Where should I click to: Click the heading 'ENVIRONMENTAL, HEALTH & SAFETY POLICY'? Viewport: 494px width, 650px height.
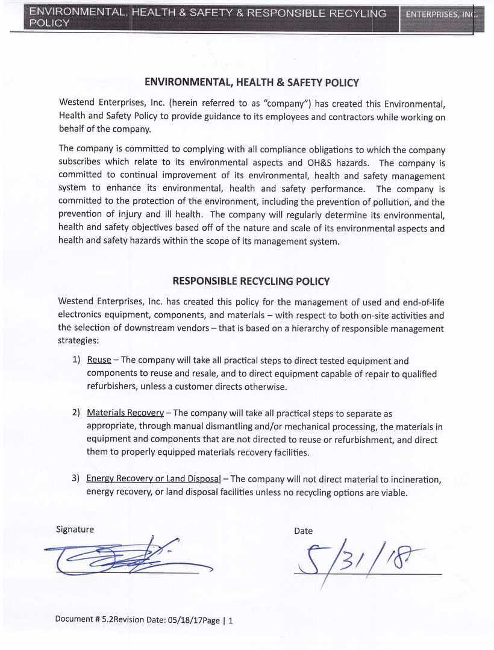click(x=252, y=83)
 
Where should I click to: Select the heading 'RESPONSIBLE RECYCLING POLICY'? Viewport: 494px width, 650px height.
click(x=251, y=281)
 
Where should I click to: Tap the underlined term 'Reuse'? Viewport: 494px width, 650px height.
click(x=99, y=360)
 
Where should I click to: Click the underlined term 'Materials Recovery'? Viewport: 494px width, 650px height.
click(x=125, y=413)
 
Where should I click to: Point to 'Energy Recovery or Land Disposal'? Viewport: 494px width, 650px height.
click(x=153, y=478)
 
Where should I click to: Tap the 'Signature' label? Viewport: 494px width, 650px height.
click(x=75, y=529)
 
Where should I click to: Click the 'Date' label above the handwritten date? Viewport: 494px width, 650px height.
click(x=303, y=531)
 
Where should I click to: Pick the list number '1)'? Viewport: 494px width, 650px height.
click(x=77, y=360)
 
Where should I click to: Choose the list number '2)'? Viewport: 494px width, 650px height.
click(x=77, y=413)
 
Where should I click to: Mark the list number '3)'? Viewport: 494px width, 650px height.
click(x=76, y=478)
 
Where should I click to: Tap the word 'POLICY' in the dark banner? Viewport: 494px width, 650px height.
click(x=50, y=23)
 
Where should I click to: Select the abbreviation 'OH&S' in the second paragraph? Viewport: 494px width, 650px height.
click(x=322, y=163)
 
